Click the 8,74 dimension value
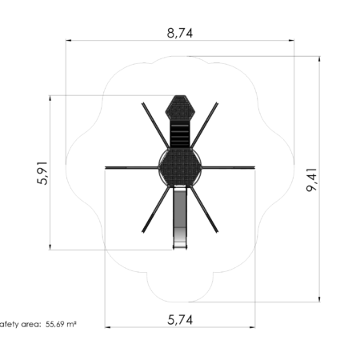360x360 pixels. pyautogui.click(x=180, y=33)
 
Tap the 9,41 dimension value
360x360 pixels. pyautogui.click(x=311, y=180)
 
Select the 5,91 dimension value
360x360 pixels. pyautogui.click(x=42, y=173)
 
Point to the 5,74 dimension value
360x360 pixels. pyautogui.click(x=180, y=319)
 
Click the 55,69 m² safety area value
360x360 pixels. pyautogui.click(x=61, y=324)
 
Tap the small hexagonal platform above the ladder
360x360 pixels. pyautogui.click(x=180, y=109)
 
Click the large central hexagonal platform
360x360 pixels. pyautogui.click(x=180, y=167)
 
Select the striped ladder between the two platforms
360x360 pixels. pyautogui.click(x=180, y=136)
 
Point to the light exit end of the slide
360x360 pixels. pyautogui.click(x=180, y=239)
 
